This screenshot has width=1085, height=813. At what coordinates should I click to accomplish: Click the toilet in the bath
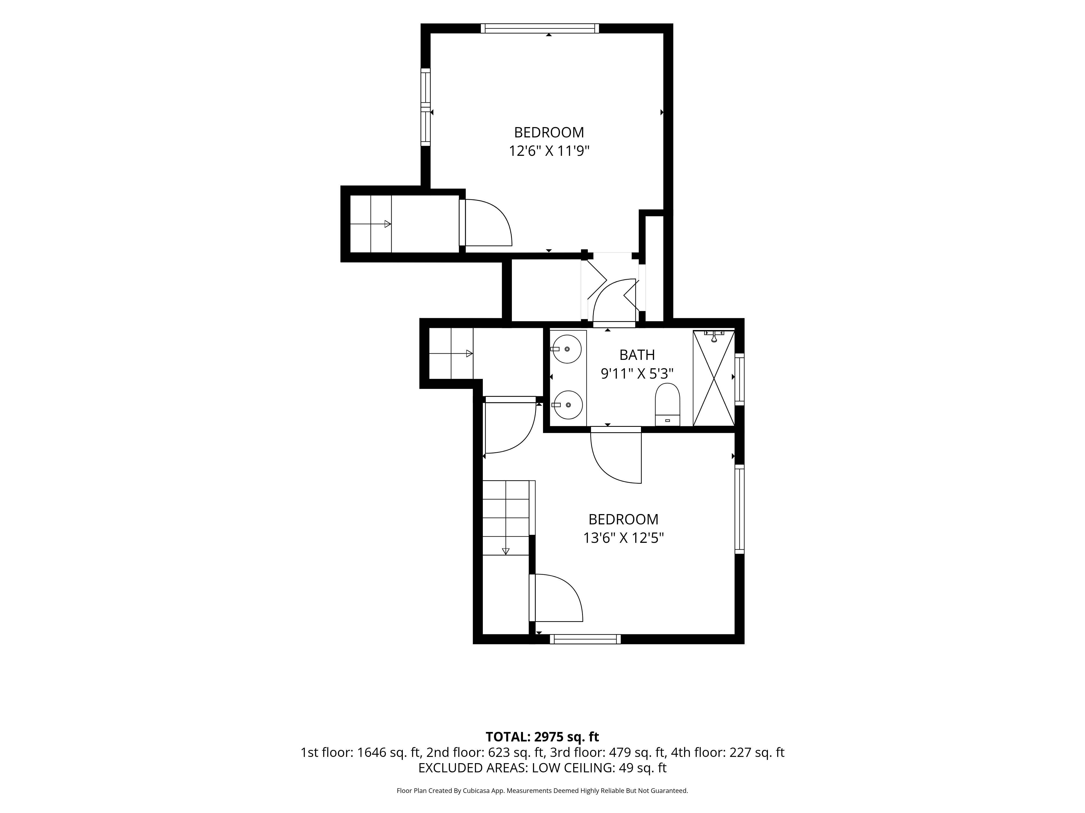point(668,404)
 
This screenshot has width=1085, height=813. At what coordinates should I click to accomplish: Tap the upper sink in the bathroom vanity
point(567,349)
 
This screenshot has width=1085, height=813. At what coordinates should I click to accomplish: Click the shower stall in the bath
point(714,378)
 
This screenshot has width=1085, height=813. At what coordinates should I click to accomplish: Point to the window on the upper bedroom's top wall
point(540,28)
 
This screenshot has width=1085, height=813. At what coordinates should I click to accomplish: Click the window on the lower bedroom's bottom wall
point(585,639)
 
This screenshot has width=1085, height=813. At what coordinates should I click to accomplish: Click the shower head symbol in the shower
point(714,336)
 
